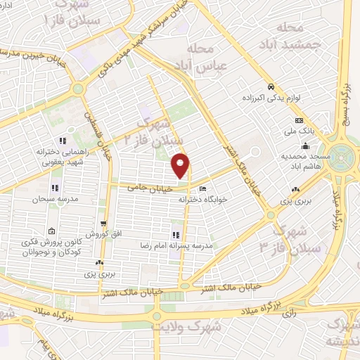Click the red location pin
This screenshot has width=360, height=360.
(x=181, y=165)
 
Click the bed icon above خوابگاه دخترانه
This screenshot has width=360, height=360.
(x=202, y=189)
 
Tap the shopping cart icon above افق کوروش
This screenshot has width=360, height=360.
(x=103, y=224)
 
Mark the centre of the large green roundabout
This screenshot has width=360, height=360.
(x=345, y=154)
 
